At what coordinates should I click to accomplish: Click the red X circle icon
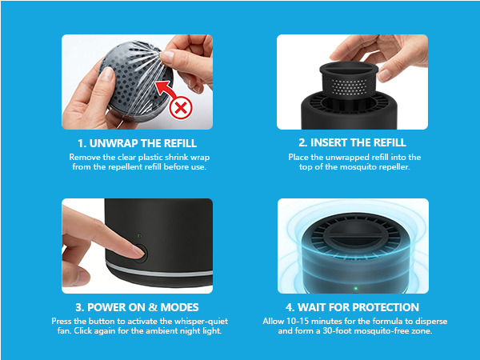pos(181,108)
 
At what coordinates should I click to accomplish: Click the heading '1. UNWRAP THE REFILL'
pos(137,143)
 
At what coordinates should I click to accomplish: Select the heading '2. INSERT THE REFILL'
pos(352,142)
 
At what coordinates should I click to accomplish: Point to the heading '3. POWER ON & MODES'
pos(137,307)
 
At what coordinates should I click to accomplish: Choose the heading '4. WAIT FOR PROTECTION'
pos(352,307)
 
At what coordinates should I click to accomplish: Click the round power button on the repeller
pos(141,253)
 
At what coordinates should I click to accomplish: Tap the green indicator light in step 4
pos(355,288)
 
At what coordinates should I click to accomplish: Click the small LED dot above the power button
pos(139,236)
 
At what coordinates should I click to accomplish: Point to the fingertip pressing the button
pos(137,252)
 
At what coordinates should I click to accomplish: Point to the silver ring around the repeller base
pos(159,270)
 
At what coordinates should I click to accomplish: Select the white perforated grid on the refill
pos(350,86)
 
